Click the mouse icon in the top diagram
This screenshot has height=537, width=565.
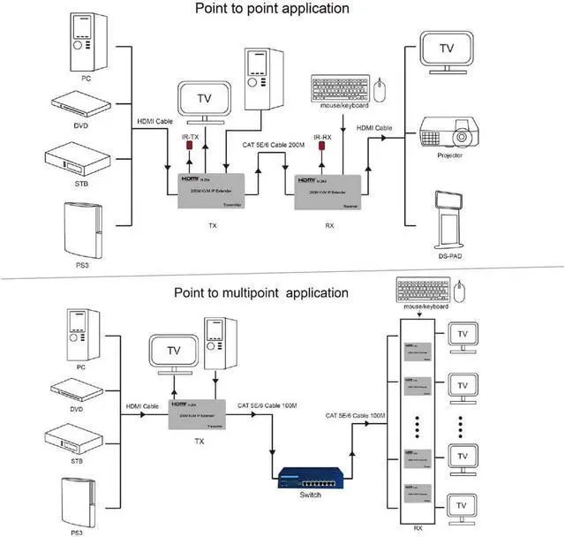point(380,89)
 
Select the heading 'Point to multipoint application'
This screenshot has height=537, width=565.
point(260,292)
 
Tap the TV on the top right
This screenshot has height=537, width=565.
point(448,49)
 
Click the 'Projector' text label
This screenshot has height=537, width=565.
point(448,155)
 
